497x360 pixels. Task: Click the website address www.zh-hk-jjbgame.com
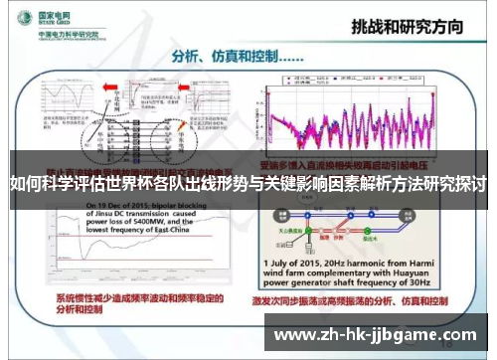coord(376,335)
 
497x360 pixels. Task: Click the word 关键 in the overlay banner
coord(318,184)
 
